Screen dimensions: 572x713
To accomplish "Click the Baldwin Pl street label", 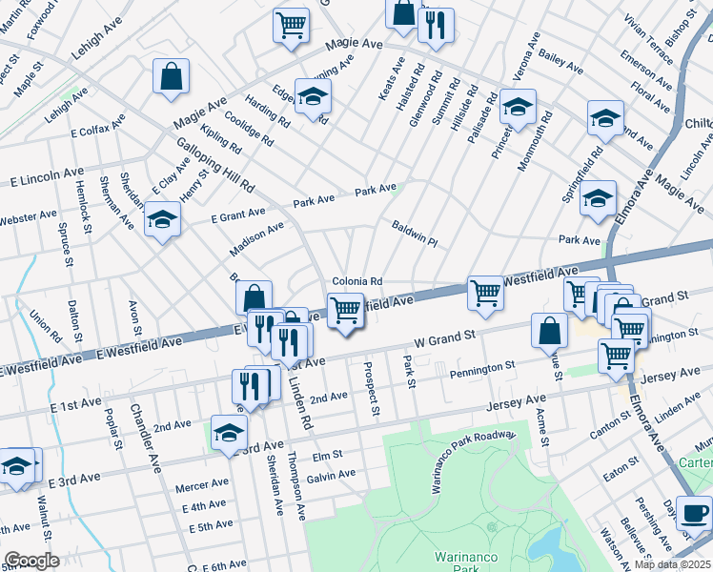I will coord(414,235).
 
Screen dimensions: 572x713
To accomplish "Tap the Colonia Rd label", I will coord(357,281).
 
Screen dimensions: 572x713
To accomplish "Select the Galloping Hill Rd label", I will coord(215,161).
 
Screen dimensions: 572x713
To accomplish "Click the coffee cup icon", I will coord(694,513).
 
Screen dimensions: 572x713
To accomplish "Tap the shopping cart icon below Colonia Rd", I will coord(345,310).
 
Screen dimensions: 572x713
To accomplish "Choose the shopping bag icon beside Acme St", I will coord(550,331).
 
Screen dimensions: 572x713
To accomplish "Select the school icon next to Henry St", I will coord(163,220).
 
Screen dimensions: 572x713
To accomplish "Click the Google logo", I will coord(31,562).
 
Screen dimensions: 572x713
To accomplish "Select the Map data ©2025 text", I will coord(673,564).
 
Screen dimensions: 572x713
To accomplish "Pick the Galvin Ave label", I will coord(331,474).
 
